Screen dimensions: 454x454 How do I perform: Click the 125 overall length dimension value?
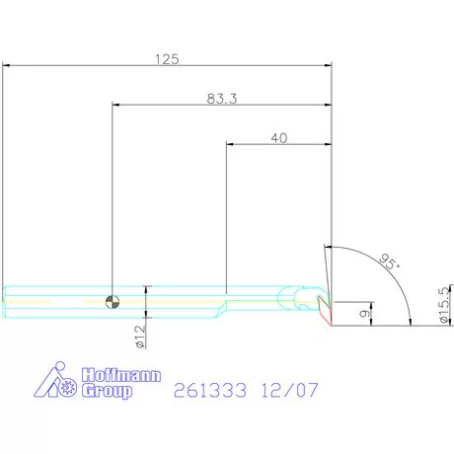pos(167,59)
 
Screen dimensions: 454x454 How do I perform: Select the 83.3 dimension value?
pos(222,99)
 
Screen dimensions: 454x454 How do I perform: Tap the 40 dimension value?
pos(279,138)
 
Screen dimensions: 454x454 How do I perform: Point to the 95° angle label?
pos(389,262)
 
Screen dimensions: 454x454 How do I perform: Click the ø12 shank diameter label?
pos(140,337)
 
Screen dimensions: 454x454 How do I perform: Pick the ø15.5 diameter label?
pos(444,305)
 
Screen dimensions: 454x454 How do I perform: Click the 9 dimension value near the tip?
pos(364,313)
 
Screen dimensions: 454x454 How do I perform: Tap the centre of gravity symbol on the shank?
pos(113,302)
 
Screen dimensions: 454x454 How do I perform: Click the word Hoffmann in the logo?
pos(121,375)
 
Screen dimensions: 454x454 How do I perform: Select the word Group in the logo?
pos(108,391)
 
